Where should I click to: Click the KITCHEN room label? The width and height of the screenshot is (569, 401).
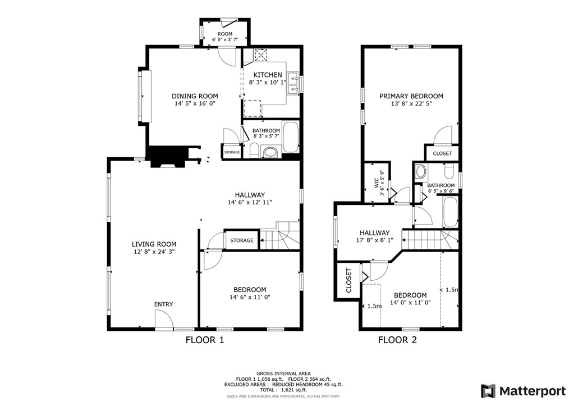pyautogui.click(x=268, y=75)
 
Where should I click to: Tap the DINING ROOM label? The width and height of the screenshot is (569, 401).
pyautogui.click(x=195, y=96)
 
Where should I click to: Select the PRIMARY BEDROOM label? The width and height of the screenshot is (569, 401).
pyautogui.click(x=411, y=96)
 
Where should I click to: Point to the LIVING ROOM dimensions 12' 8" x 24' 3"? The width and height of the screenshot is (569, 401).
pyautogui.click(x=154, y=252)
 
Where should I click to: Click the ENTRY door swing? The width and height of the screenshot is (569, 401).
pyautogui.click(x=164, y=320)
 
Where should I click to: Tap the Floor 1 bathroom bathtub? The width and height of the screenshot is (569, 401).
pyautogui.click(x=290, y=137)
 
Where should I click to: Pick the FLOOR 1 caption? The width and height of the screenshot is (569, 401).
pyautogui.click(x=205, y=340)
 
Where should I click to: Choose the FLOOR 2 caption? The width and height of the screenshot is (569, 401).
pyautogui.click(x=397, y=340)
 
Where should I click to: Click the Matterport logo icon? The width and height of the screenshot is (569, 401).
pyautogui.click(x=488, y=391)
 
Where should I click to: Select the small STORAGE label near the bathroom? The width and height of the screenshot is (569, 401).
pyautogui.click(x=232, y=152)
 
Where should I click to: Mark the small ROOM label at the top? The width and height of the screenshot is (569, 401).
pyautogui.click(x=225, y=34)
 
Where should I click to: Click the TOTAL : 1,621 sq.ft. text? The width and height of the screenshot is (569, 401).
pyautogui.click(x=283, y=390)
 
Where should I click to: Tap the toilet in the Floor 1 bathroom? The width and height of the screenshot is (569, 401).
pyautogui.click(x=254, y=150)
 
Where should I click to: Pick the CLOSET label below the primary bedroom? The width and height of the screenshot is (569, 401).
pyautogui.click(x=442, y=154)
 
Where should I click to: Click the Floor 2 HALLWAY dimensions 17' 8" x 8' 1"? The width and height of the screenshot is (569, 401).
pyautogui.click(x=375, y=240)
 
